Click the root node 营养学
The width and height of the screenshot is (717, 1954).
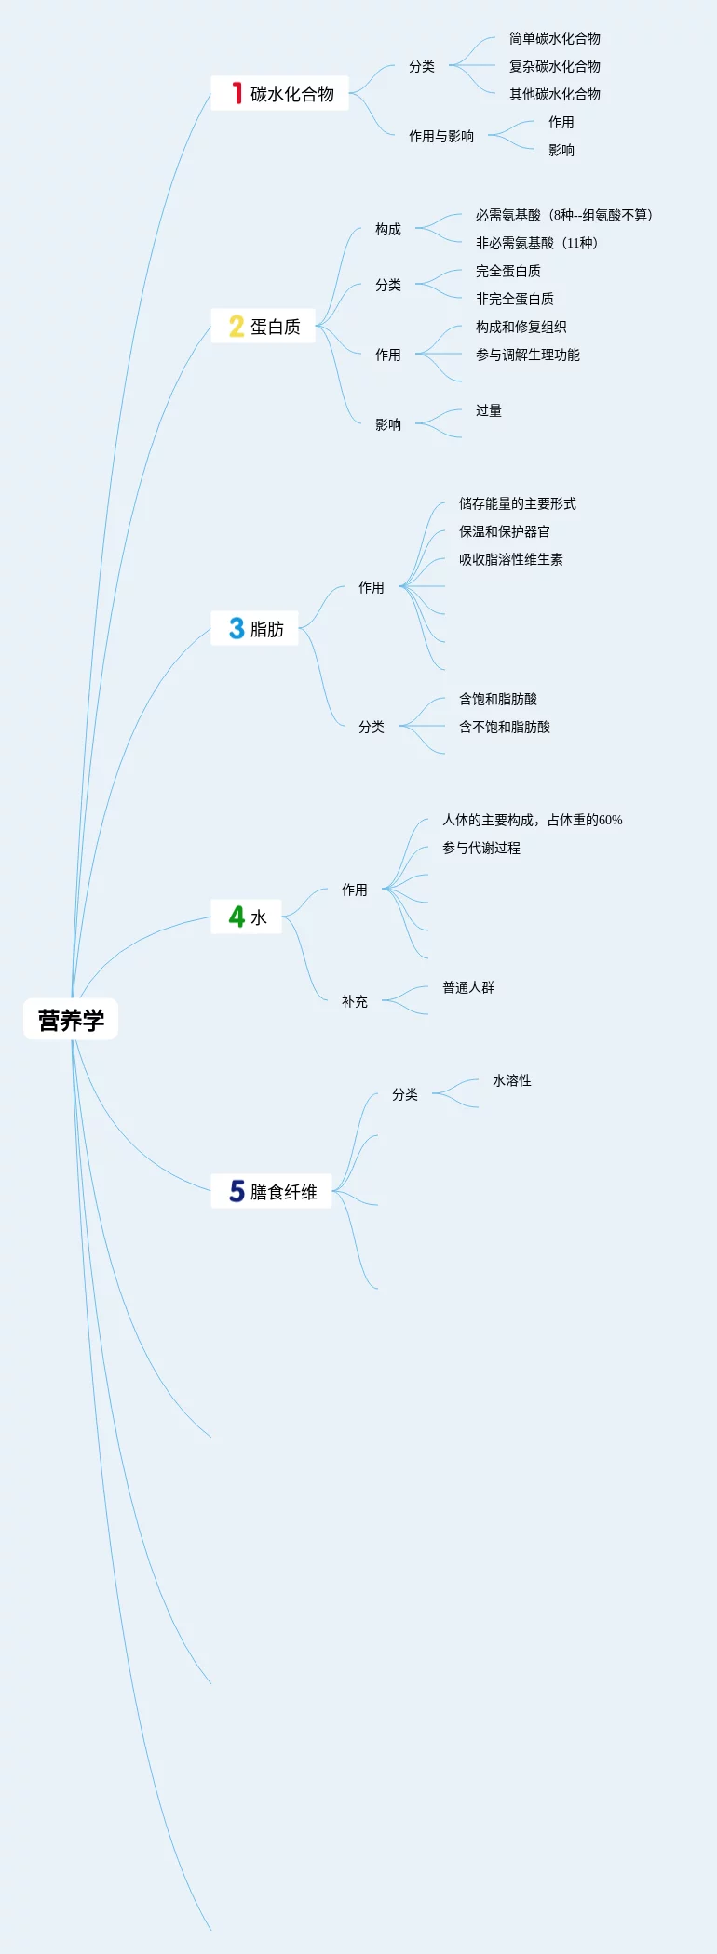pyautogui.click(x=71, y=1020)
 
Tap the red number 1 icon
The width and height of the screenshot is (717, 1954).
pyautogui.click(x=237, y=93)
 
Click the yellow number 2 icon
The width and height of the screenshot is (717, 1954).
pyautogui.click(x=237, y=326)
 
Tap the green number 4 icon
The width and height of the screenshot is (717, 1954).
pyautogui.click(x=237, y=917)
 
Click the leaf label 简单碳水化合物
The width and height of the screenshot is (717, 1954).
pyautogui.click(x=554, y=38)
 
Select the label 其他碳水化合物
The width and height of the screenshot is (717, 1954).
pyautogui.click(x=554, y=94)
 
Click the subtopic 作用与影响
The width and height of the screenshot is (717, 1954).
pyautogui.click(x=440, y=136)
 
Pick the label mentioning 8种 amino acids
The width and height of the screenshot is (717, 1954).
pyautogui.click(x=563, y=215)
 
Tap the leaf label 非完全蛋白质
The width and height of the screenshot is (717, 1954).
pyautogui.click(x=514, y=299)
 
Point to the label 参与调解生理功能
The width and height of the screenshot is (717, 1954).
pyautogui.click(x=527, y=355)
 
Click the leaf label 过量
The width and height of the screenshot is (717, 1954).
pyautogui.click(x=488, y=410)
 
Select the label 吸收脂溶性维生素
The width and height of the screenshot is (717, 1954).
pyautogui.click(x=510, y=559)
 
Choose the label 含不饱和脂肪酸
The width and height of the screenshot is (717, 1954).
pyautogui.click(x=504, y=727)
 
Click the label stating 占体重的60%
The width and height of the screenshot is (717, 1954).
pyautogui.click(x=532, y=820)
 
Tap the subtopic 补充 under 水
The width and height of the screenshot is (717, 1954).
pyautogui.click(x=354, y=1001)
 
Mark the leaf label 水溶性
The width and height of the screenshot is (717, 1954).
pyautogui.click(x=511, y=1080)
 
